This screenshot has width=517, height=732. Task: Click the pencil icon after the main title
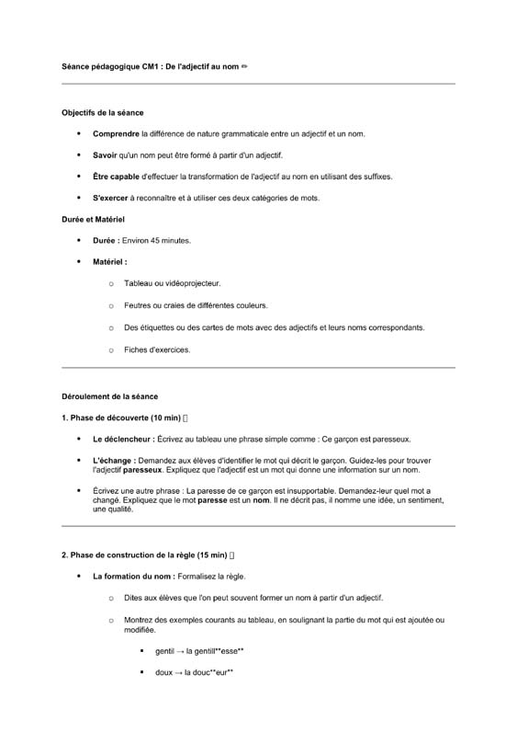point(244,66)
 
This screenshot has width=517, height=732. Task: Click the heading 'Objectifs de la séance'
point(102,113)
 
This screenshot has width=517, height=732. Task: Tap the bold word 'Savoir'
point(105,155)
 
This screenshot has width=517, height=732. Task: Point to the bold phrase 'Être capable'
point(116,176)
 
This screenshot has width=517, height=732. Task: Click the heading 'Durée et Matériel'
point(93,220)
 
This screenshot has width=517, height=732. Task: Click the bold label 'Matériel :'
point(110,262)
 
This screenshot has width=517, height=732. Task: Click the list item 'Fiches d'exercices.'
point(157,349)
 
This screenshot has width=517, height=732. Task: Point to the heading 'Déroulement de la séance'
point(109,396)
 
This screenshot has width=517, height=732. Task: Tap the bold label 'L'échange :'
point(114,460)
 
